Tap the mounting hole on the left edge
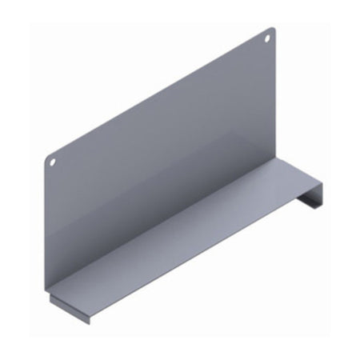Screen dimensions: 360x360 pyautogui.click(x=53, y=162)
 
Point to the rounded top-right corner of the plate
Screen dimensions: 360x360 pyautogui.click(x=274, y=29)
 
